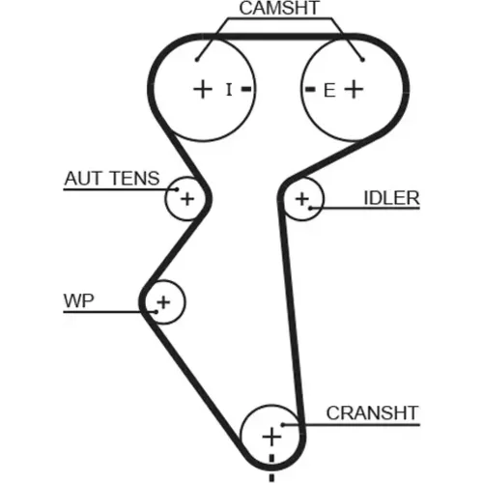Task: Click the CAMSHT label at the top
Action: point(279,8)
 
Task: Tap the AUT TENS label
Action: point(112,179)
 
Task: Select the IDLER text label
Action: point(391,198)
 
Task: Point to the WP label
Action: point(79,301)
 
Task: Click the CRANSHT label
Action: point(372,413)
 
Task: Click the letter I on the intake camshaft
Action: point(229,90)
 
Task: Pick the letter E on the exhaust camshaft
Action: point(329,91)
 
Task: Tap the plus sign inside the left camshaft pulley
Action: point(203,89)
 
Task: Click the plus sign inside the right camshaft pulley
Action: point(354,89)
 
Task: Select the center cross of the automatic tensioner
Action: point(187,199)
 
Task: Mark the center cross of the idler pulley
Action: point(302,199)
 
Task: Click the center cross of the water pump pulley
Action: point(163,302)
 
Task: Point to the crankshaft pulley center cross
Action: point(271,437)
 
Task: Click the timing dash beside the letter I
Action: point(246,89)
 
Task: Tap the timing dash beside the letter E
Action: point(310,89)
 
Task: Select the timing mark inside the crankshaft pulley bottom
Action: point(271,459)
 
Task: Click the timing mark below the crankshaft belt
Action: point(271,478)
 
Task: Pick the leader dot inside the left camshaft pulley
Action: point(197,60)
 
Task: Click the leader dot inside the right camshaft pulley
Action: point(363,60)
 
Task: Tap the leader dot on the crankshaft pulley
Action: point(283,425)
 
